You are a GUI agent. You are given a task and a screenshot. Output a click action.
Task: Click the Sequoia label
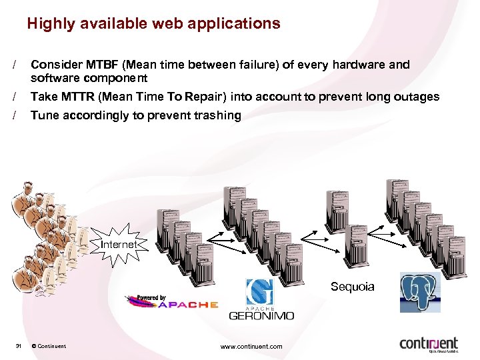click(353, 287)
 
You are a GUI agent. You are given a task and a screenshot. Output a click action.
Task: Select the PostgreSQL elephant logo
click(420, 292)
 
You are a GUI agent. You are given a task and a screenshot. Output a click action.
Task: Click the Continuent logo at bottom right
click(429, 344)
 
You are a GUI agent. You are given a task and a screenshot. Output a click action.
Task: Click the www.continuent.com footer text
click(251, 346)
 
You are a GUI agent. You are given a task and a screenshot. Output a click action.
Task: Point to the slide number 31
click(19, 346)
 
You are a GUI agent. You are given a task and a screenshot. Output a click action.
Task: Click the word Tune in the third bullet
click(45, 115)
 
